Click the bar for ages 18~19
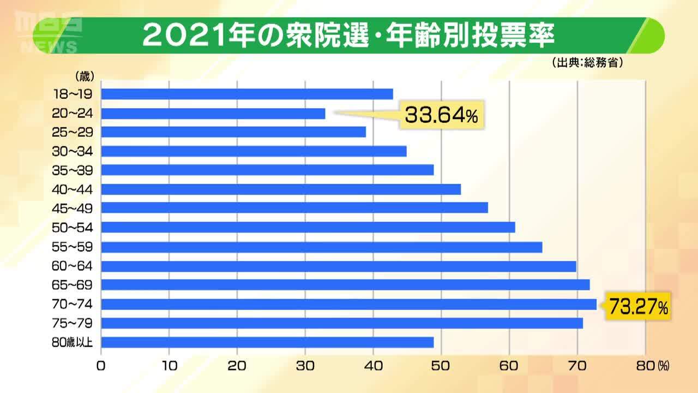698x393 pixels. tap(247, 94)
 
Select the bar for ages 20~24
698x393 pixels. tap(213, 114)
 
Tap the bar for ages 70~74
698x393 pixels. tap(349, 304)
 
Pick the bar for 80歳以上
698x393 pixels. tap(267, 342)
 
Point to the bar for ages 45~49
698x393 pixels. tap(294, 208)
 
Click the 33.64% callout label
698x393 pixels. tap(442, 115)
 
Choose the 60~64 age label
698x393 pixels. tap(73, 266)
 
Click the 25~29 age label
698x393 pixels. tap(73, 132)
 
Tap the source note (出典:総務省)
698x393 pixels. tap(587, 63)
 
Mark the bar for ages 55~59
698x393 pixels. tap(322, 247)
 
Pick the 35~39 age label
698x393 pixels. tap(73, 170)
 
